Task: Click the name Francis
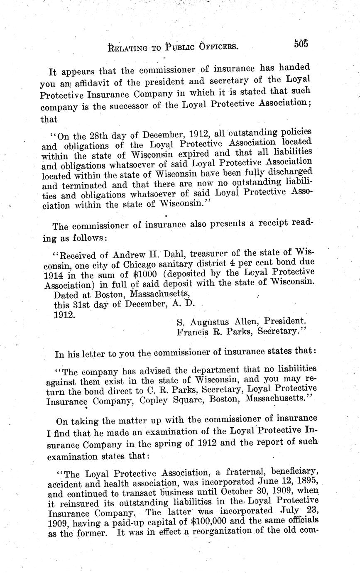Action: pyautogui.click(x=192, y=331)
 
